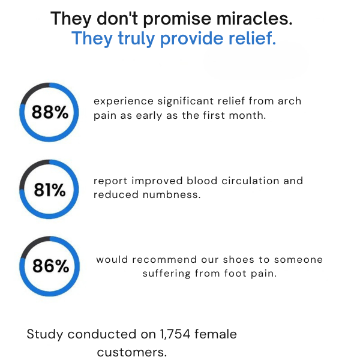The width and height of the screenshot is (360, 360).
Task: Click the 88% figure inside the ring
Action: pyautogui.click(x=50, y=112)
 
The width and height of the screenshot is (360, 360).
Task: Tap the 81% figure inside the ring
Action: pyautogui.click(x=50, y=190)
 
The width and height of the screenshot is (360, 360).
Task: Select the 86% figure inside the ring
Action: pyautogui.click(x=50, y=266)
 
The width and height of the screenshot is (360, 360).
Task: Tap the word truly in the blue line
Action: pyautogui.click(x=131, y=40)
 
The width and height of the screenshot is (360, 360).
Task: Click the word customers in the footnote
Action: pyautogui.click(x=132, y=352)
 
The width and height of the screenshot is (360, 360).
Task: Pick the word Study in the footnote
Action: pyautogui.click(x=44, y=334)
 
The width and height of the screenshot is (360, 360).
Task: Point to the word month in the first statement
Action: pyautogui.click(x=246, y=115)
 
